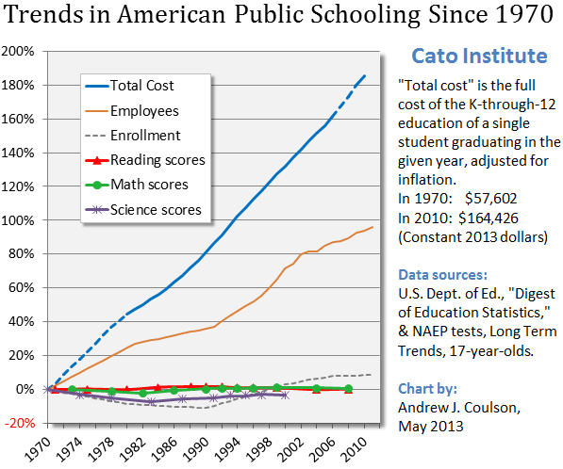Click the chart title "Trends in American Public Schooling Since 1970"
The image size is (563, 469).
(281, 18)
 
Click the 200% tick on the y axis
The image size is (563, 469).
(20, 51)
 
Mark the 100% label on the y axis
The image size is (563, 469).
(20, 219)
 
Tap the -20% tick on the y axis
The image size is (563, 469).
(20, 423)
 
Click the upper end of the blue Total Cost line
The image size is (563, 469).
(366, 75)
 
